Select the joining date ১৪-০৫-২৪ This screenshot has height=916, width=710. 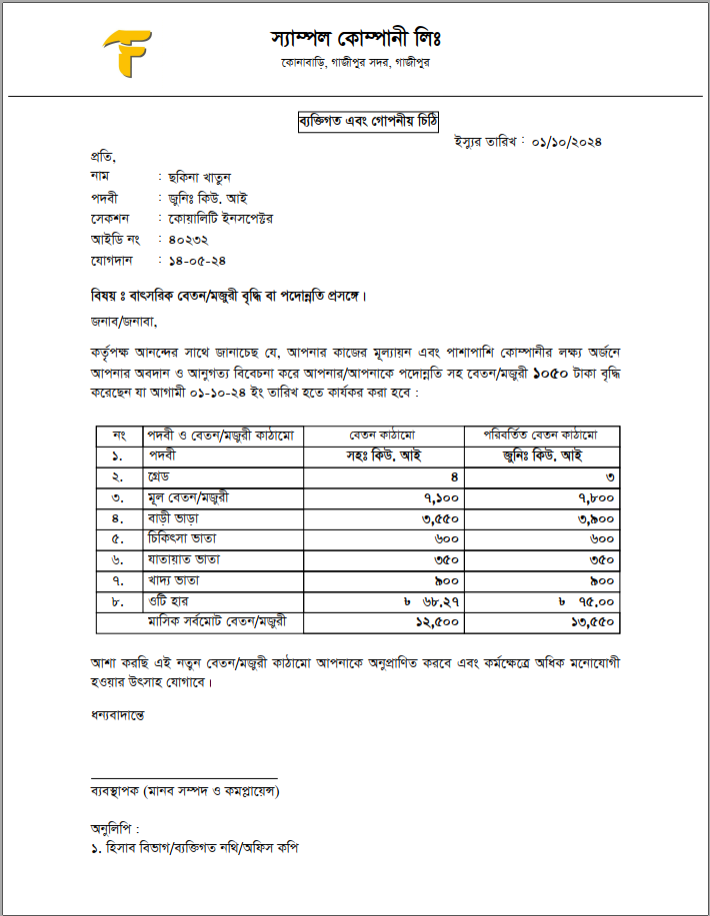195,261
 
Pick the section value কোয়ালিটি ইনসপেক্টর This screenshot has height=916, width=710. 221,218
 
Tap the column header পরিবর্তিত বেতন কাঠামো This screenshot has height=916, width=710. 541,436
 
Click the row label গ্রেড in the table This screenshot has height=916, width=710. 161,476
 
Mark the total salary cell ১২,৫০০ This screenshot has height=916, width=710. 435,622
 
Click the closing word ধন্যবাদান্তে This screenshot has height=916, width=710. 117,715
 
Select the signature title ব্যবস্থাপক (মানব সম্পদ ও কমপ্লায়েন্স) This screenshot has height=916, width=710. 185,791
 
